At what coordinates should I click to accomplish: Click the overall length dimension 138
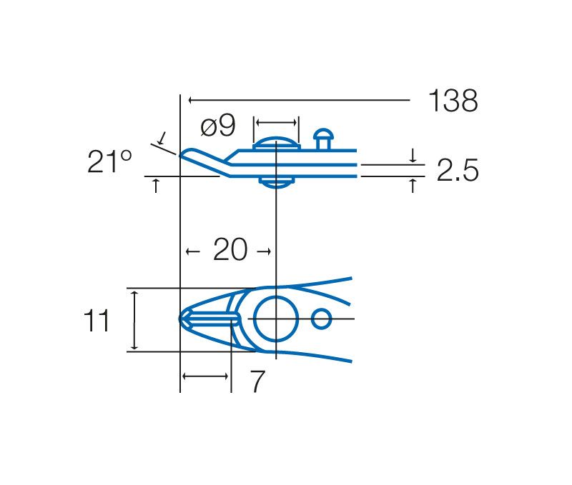click(453, 101)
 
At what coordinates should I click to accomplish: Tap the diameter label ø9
click(218, 126)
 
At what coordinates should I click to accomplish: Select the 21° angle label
click(109, 161)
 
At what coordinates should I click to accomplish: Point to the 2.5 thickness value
click(458, 170)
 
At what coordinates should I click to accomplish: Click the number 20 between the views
click(230, 249)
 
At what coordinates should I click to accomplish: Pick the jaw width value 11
click(97, 321)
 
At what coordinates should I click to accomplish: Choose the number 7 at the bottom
click(257, 381)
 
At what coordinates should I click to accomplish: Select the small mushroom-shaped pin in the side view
click(323, 139)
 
